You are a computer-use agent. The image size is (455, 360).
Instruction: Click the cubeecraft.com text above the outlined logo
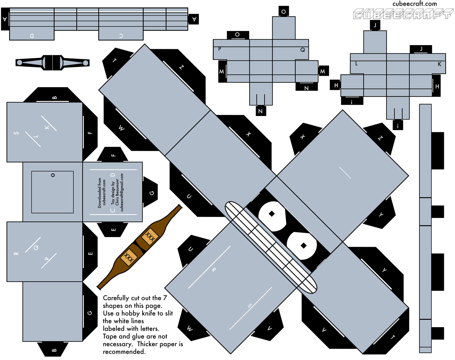pyautogui.click(x=414, y=4)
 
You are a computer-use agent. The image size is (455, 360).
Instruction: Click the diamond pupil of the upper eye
pyautogui.click(x=272, y=214)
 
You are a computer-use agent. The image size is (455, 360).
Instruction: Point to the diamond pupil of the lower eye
pyautogui.click(x=304, y=246)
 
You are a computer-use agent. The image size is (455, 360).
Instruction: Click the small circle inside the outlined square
pyautogui.click(x=53, y=175)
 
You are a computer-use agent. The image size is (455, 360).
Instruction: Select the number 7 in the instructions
pyautogui.click(x=165, y=298)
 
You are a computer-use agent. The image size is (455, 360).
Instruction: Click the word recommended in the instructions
pyautogui.click(x=124, y=352)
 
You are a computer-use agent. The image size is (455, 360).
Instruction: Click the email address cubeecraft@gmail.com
pyautogui.click(x=122, y=192)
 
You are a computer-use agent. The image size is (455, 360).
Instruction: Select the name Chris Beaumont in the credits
pyautogui.click(x=117, y=192)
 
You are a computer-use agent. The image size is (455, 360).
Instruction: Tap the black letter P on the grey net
pyautogui.click(x=220, y=49)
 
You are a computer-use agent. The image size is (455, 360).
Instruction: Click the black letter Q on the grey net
pyautogui.click(x=302, y=50)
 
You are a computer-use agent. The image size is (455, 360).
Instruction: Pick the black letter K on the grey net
pyautogui.click(x=439, y=64)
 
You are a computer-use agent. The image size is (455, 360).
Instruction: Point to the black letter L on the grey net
pyautogui.click(x=356, y=64)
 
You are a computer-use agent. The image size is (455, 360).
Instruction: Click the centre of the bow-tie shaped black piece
pyautogui.click(x=52, y=63)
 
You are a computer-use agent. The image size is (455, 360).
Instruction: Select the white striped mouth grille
pyautogui.click(x=271, y=248)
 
